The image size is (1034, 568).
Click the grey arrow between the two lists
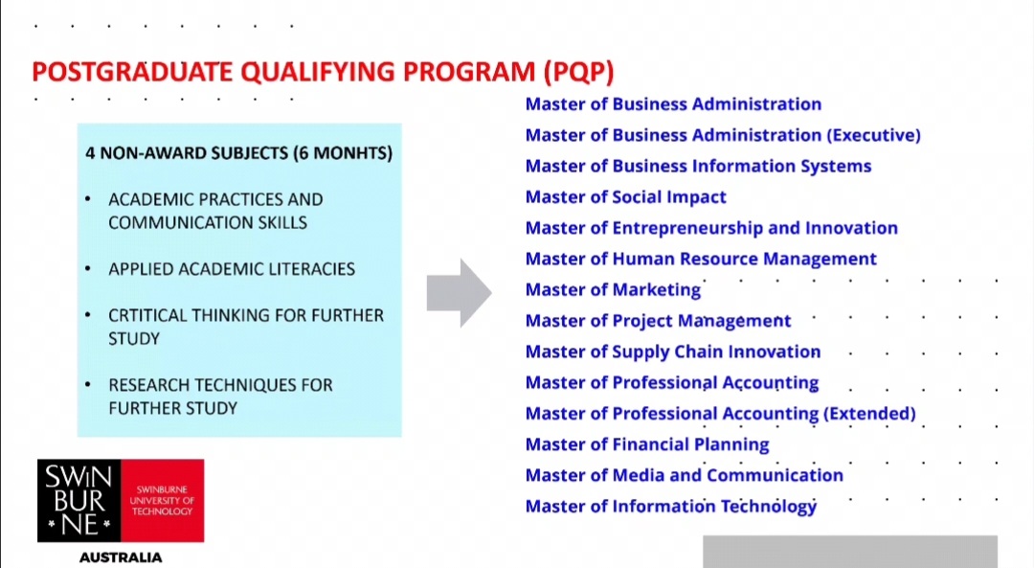click(x=459, y=293)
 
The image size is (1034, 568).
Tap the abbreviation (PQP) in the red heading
click(x=579, y=72)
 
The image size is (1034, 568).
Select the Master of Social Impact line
click(x=625, y=197)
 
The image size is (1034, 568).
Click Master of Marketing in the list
click(x=613, y=290)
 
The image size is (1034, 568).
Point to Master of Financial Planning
click(x=647, y=444)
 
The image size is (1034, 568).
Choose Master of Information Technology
click(x=670, y=507)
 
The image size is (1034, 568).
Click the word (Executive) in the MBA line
click(x=873, y=135)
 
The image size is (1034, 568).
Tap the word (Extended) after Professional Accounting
click(x=869, y=414)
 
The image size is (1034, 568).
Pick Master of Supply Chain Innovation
click(x=673, y=352)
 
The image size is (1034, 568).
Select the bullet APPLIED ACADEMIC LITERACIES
click(x=232, y=269)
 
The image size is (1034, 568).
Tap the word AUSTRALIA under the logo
click(x=121, y=557)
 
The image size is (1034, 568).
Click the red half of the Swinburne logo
click(x=162, y=501)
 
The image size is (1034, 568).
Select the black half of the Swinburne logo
click(x=79, y=501)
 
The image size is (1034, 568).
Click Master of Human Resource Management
click(x=701, y=260)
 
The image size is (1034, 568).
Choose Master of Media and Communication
click(x=685, y=476)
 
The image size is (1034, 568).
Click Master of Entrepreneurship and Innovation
click(x=711, y=228)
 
